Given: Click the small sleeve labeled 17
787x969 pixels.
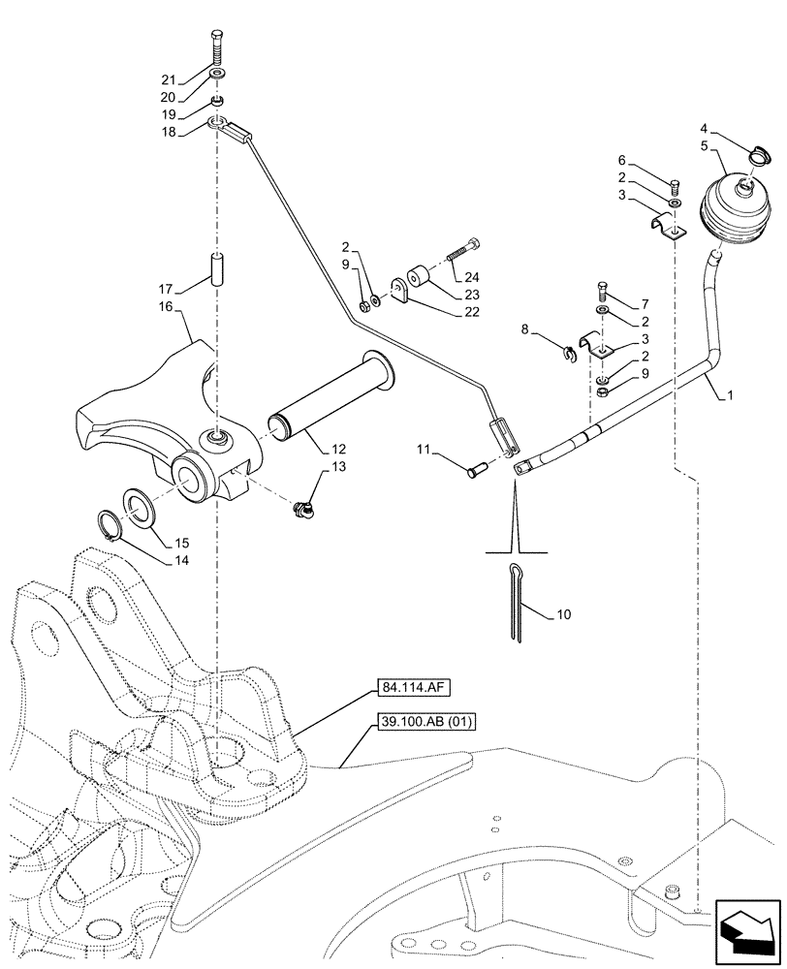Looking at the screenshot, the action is (216, 268).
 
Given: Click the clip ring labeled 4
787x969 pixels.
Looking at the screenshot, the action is (758, 151).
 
